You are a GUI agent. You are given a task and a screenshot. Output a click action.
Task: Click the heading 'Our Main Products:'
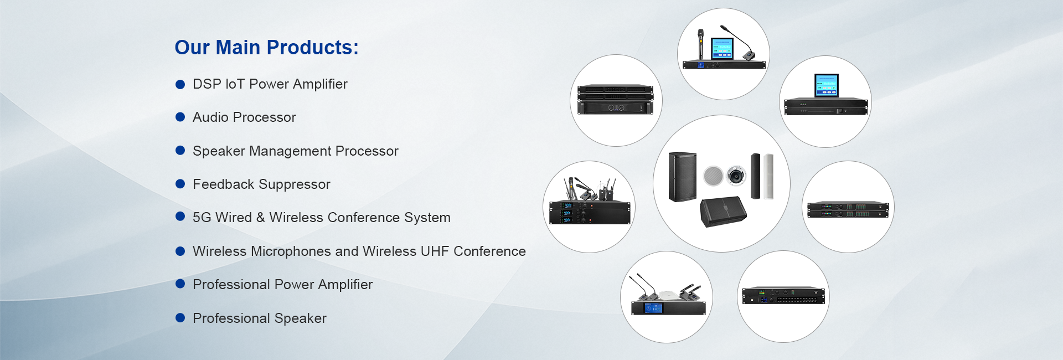pos(266,48)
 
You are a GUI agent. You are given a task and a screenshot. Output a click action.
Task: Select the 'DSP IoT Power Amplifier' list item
pos(270,84)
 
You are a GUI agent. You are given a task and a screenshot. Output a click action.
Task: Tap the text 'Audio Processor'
pos(244,117)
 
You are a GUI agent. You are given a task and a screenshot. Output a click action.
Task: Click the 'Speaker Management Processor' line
pos(295,151)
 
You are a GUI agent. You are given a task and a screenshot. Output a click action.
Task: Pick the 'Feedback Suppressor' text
pos(261,184)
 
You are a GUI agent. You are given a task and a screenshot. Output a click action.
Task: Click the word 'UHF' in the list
pos(435,251)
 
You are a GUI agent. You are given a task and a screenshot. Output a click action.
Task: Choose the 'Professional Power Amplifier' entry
pos(282,285)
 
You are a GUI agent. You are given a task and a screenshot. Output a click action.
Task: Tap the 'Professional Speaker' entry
pos(259,318)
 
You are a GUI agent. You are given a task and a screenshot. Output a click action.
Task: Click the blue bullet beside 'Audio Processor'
pos(180,117)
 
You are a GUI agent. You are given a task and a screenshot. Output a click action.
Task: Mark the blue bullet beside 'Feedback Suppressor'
pos(180,184)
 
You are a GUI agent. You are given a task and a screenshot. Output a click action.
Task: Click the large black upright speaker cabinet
pos(683,177)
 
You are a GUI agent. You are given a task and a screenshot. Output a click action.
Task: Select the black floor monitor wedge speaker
pos(723,212)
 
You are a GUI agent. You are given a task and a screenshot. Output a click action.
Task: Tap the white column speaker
pos(768,177)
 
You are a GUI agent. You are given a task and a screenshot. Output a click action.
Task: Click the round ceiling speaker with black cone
pos(736,176)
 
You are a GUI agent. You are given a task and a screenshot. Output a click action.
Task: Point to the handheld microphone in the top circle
pos(700,44)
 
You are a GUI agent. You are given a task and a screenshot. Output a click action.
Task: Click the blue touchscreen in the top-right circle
pos(826,85)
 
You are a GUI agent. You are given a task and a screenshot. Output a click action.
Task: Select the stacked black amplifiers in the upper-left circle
pos(616,100)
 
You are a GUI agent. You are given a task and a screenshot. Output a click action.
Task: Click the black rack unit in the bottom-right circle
pos(783,296)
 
